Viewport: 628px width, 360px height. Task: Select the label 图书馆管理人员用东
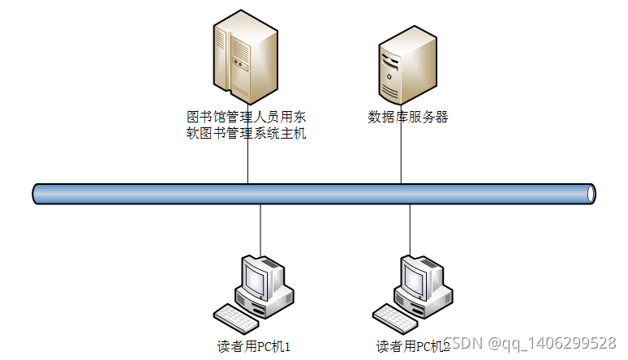point(246,116)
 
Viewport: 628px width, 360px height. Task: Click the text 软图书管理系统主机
point(246,133)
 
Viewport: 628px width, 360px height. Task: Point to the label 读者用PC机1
point(253,347)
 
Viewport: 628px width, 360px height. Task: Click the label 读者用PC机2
point(412,347)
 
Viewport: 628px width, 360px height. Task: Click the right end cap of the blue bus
point(591,194)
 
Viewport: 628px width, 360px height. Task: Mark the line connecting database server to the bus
point(401,154)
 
